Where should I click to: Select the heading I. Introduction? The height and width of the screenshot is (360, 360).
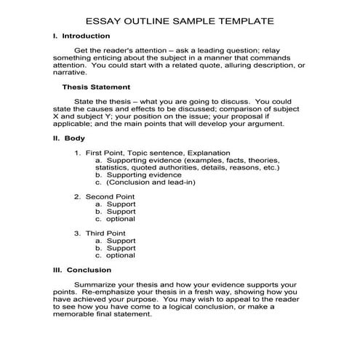81,36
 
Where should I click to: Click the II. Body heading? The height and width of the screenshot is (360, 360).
70,137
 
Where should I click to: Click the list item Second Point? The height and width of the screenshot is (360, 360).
110,196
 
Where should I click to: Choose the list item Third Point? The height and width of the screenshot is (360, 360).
106,233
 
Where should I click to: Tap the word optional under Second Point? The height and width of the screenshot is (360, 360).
121,219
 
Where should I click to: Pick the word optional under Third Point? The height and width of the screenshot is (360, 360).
121,255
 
